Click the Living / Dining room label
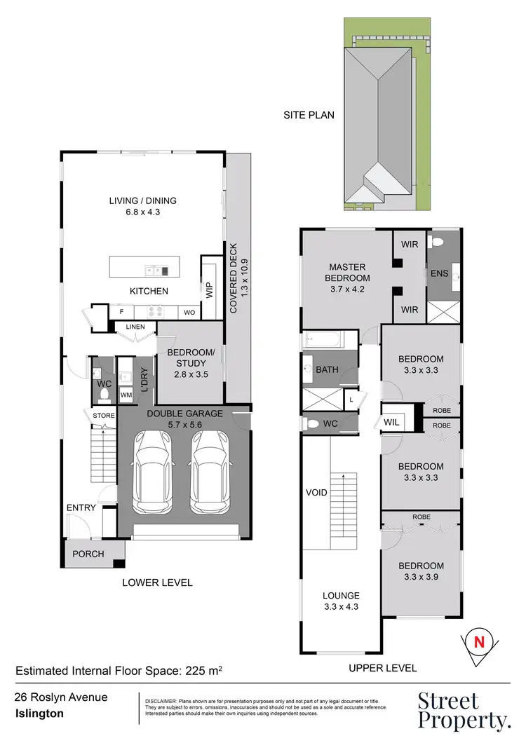point(142,206)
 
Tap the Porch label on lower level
point(88,554)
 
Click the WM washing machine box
point(126,395)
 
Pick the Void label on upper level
point(316,492)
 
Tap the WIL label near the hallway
point(391,422)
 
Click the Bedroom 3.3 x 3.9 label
point(421,571)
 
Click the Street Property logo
point(463,709)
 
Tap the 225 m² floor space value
point(204,671)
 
